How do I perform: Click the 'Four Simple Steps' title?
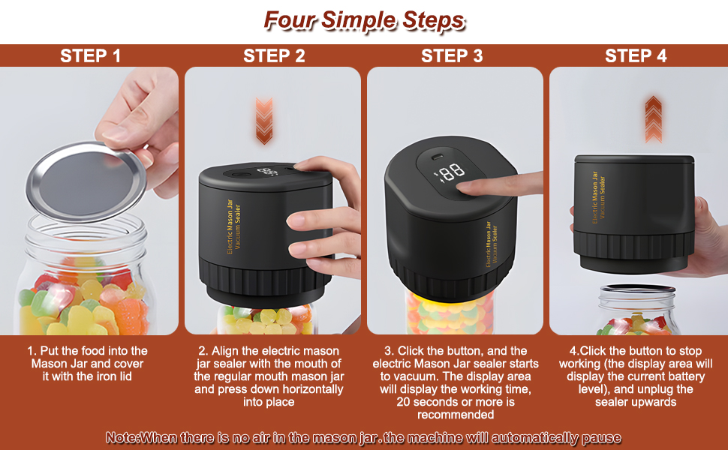click(x=365, y=20)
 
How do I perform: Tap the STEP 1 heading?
click(x=91, y=56)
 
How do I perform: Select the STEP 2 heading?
click(x=274, y=56)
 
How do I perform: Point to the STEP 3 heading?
click(x=452, y=56)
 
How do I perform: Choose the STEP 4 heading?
click(x=636, y=56)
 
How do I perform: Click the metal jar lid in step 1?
click(x=86, y=181)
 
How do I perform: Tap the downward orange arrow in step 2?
click(x=264, y=121)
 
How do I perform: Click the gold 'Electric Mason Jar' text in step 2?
click(x=230, y=226)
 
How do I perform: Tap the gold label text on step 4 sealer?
click(x=598, y=197)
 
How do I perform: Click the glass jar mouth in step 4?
click(x=637, y=291)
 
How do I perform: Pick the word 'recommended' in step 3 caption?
click(x=456, y=415)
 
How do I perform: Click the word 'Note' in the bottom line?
click(x=122, y=438)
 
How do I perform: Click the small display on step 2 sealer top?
click(x=267, y=172)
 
